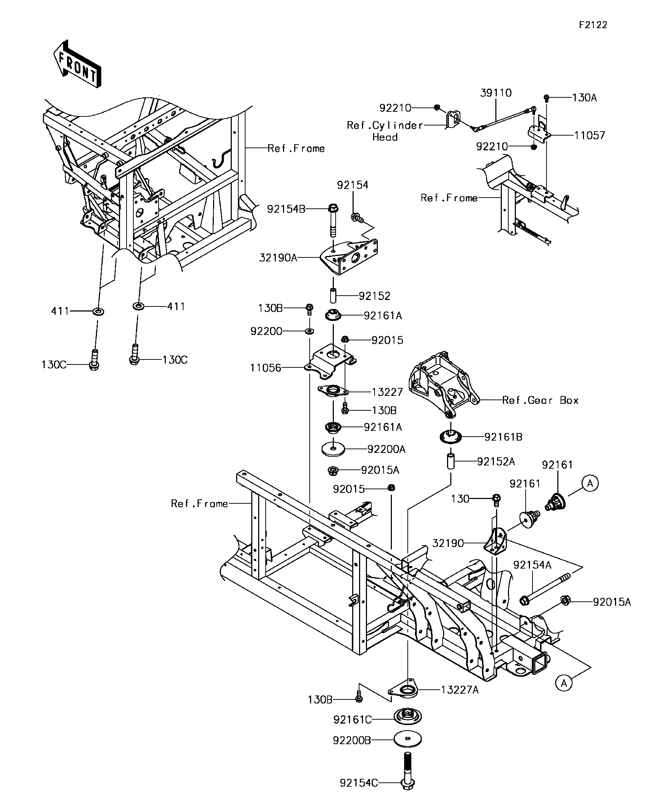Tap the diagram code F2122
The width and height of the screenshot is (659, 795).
(x=593, y=25)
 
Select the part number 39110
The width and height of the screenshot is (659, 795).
(x=495, y=93)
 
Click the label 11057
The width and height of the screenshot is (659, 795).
(x=589, y=135)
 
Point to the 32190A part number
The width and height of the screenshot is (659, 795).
(x=278, y=258)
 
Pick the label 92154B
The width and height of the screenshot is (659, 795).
(x=286, y=209)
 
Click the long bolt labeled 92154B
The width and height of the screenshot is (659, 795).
(x=333, y=221)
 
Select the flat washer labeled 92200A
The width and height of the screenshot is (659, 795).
(x=333, y=449)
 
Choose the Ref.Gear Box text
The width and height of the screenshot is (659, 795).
(x=540, y=400)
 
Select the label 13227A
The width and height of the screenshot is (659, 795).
(x=460, y=690)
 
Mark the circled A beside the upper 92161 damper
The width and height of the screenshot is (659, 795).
(x=590, y=483)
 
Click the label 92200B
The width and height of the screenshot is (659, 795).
(x=351, y=741)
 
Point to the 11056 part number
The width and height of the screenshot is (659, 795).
(x=266, y=368)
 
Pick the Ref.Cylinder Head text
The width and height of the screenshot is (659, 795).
(x=385, y=131)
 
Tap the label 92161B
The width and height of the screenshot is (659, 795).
(x=503, y=437)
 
